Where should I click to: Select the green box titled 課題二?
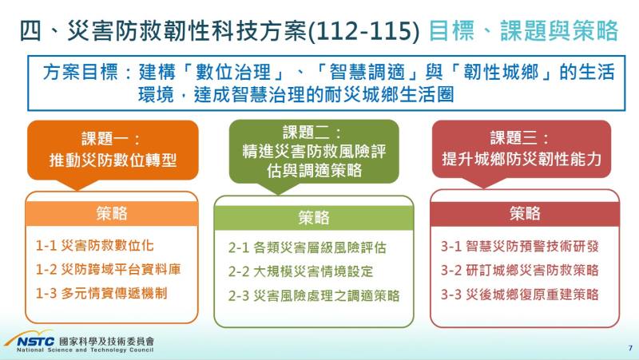[313, 151]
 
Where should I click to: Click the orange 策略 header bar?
[113, 213]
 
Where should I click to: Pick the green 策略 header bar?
[313, 217]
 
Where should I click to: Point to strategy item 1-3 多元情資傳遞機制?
[101, 293]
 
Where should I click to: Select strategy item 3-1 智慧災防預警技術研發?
[519, 246]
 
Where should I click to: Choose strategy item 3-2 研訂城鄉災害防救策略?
[519, 270]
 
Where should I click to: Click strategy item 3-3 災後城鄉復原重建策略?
[519, 294]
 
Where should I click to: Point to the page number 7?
[629, 348]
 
